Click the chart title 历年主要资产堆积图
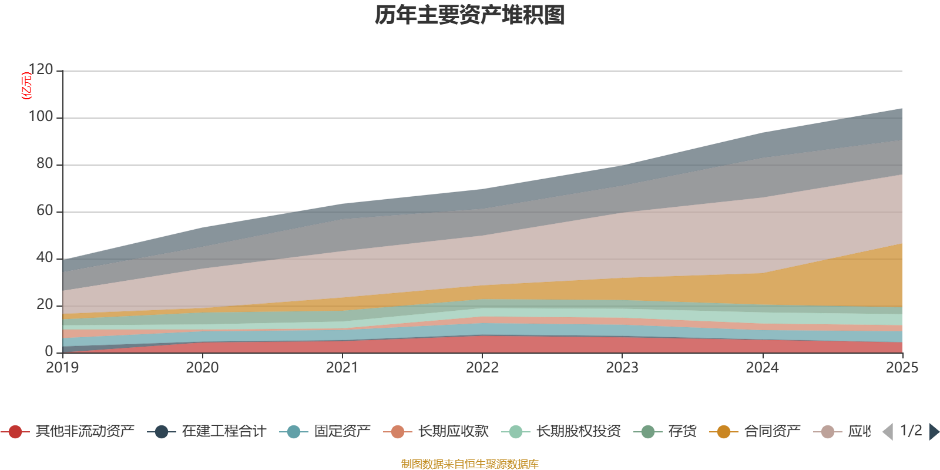tap(469, 15)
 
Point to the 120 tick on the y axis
tap(41, 70)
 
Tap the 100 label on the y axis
tap(41, 117)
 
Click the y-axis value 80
tap(45, 164)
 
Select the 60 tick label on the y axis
tap(45, 211)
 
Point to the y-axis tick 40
tap(45, 258)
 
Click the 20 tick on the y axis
tap(45, 305)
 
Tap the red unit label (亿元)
tap(26, 86)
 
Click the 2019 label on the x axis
tap(62, 368)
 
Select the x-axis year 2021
tap(342, 368)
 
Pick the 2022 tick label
tap(482, 368)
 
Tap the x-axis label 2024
tap(762, 368)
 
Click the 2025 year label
tap(901, 368)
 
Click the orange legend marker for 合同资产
tap(723, 432)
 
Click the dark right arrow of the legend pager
tap(934, 432)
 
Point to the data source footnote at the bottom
tap(469, 464)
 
